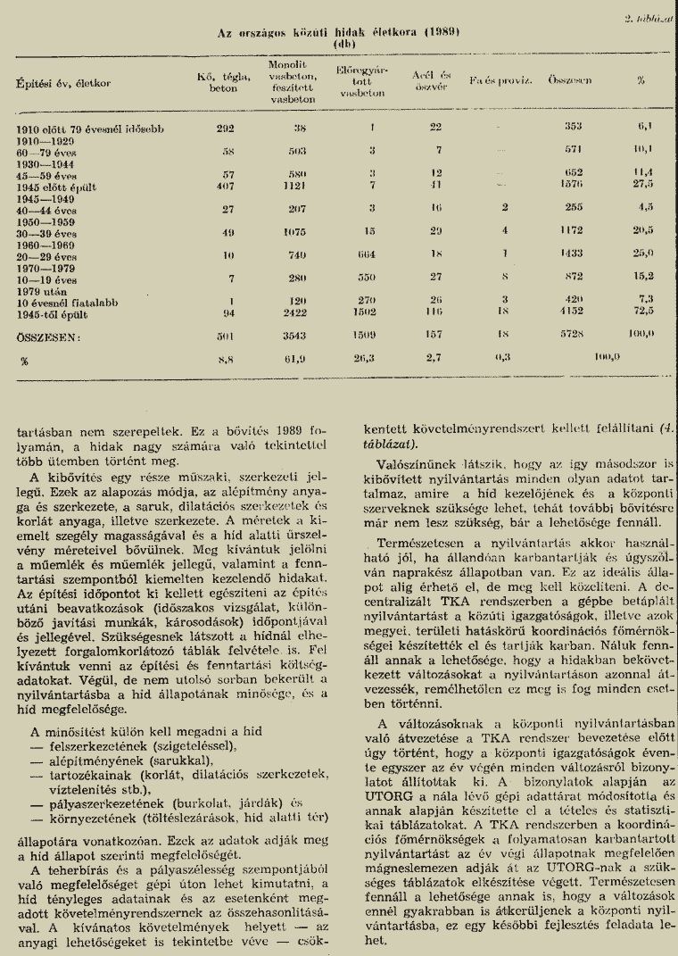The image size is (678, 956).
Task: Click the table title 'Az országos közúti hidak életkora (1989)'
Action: tap(338, 32)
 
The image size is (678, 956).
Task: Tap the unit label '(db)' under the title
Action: tap(338, 43)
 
